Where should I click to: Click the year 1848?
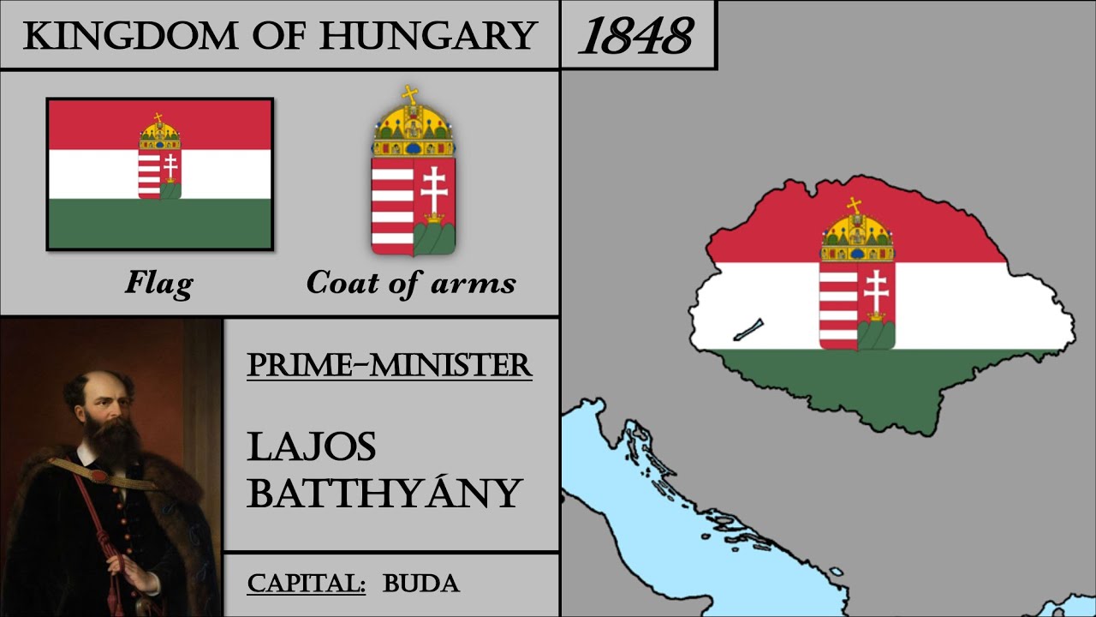point(635,36)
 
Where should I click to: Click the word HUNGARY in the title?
point(428,36)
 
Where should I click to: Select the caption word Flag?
point(158,282)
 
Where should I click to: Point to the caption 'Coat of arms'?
point(411,282)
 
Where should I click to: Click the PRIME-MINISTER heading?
point(390,365)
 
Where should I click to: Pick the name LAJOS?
point(312,447)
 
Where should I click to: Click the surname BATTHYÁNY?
point(384,494)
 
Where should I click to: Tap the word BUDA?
point(421,584)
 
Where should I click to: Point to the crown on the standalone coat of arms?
point(413,125)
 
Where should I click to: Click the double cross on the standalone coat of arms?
point(433,191)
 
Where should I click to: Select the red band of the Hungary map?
point(771,231)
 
